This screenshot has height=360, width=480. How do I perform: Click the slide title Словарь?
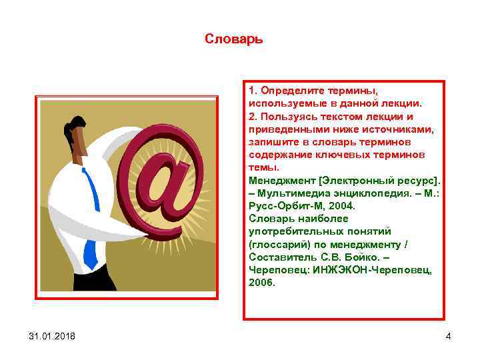pos(234,39)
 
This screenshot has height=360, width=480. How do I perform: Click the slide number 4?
pos(448,336)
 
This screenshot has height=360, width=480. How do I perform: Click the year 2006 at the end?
pos(261,282)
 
